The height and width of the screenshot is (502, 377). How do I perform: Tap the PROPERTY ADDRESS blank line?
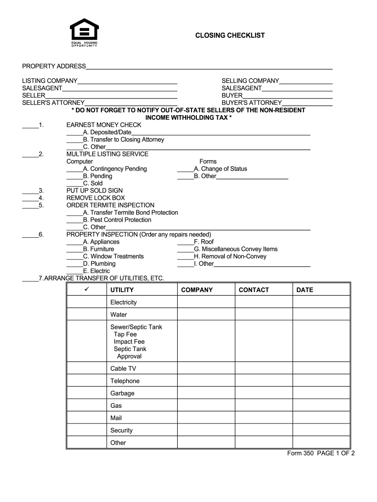(x=209, y=67)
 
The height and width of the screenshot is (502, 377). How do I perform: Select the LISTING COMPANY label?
(x=49, y=81)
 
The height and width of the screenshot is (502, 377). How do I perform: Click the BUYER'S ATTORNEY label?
(x=252, y=103)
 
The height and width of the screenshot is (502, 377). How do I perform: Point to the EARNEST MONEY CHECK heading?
(x=104, y=125)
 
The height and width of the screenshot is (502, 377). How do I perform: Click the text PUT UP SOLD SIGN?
(x=94, y=191)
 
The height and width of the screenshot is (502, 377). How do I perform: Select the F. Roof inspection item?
(x=204, y=242)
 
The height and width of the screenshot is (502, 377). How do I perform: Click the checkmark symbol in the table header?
(x=86, y=290)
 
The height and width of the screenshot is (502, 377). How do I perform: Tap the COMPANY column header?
(x=197, y=290)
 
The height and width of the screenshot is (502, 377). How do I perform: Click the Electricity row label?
(x=123, y=302)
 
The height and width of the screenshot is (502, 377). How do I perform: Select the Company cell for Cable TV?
(x=206, y=369)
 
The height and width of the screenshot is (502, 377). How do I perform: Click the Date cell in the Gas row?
(x=321, y=406)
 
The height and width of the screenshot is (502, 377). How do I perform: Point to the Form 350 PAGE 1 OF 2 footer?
(x=321, y=453)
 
